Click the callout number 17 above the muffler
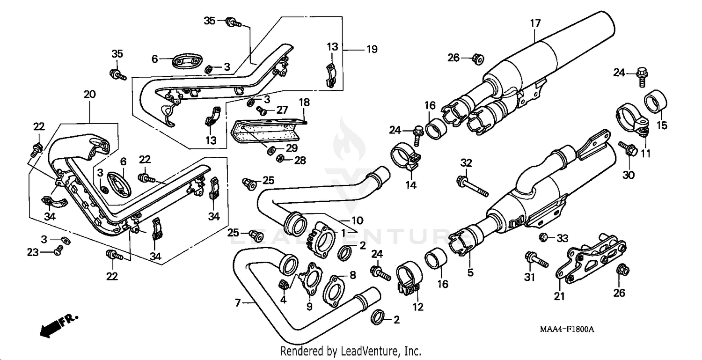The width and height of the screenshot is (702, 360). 535,22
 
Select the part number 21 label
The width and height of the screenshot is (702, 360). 560,296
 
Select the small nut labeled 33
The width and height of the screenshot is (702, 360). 544,237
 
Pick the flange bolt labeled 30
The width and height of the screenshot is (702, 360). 628,148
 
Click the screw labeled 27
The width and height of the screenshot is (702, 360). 262,111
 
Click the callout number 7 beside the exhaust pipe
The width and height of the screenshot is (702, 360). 237,303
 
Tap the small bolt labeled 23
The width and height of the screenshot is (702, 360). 58,251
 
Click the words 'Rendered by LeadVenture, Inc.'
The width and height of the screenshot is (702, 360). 351,351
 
